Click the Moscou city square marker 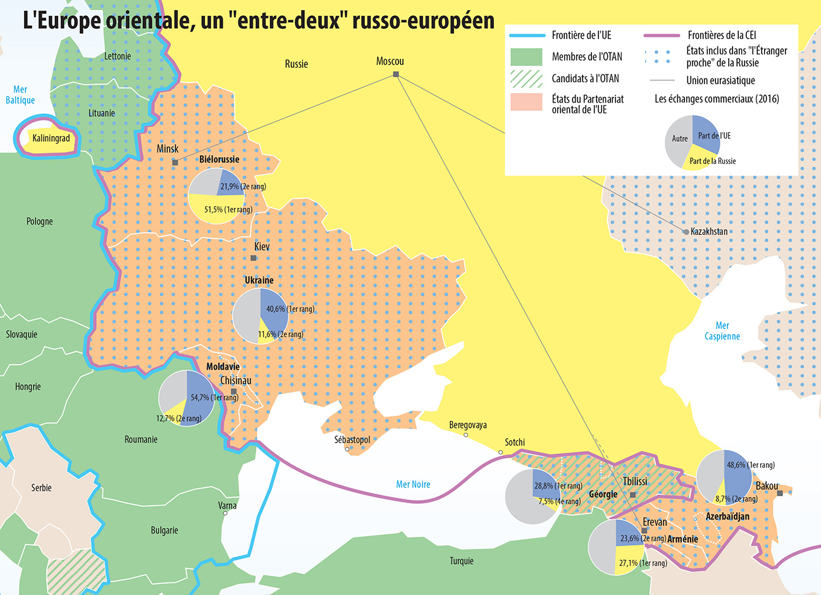[396, 75]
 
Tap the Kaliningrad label [51, 138]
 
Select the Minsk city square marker [175, 163]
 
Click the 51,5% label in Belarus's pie [228, 210]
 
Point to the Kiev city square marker [254, 258]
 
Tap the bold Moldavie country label [223, 367]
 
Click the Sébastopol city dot [347, 449]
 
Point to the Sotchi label [515, 442]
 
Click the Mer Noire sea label [413, 484]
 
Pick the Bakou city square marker [780, 493]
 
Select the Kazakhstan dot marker [686, 232]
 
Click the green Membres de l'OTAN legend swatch [526, 57]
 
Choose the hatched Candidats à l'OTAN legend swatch [526, 79]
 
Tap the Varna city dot [225, 513]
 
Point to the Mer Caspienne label [722, 331]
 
